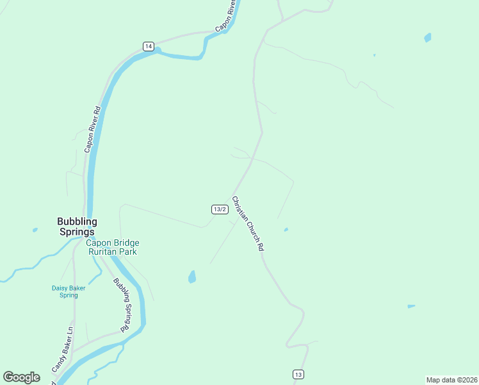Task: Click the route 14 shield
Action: [149, 46]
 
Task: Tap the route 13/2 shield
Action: [220, 209]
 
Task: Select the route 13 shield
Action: [298, 374]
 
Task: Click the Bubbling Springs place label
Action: [77, 227]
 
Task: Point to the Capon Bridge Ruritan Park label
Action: [113, 247]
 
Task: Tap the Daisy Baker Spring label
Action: [69, 291]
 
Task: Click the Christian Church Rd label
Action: [248, 223]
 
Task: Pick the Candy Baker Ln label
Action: [62, 350]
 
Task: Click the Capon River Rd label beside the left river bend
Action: [93, 129]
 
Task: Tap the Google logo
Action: [22, 377]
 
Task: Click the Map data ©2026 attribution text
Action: [451, 379]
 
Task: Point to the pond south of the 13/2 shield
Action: [191, 277]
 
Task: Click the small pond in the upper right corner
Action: [427, 37]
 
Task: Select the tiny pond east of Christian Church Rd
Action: [286, 229]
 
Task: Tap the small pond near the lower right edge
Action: [410, 306]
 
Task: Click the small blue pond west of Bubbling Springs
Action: [35, 229]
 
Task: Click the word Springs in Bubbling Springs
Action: [77, 232]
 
